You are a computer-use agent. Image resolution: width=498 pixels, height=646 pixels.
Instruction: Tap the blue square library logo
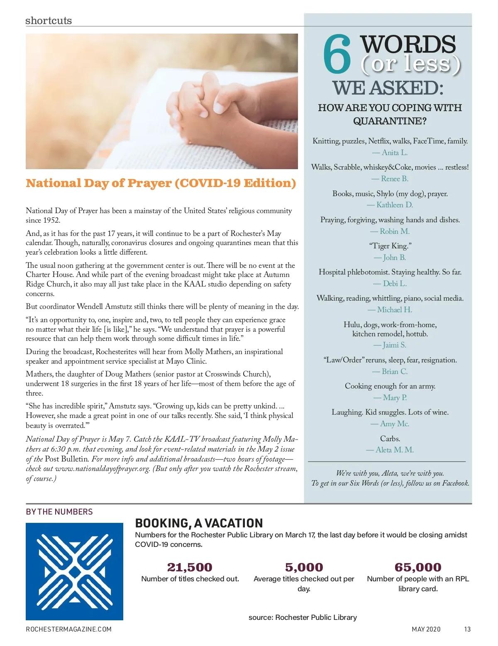point(74,571)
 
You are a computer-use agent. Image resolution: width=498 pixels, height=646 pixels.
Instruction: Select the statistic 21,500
point(190,567)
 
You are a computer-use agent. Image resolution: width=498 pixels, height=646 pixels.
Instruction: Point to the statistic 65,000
point(417,567)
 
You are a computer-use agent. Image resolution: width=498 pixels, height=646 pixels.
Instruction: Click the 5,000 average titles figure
point(304,567)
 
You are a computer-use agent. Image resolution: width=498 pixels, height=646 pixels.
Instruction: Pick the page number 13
point(467,629)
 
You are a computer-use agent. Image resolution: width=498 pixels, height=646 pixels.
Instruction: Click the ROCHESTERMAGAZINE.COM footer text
point(68,629)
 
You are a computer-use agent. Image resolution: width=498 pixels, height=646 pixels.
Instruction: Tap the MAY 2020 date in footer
point(426,629)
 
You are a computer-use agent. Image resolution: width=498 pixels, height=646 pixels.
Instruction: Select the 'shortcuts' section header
point(49,20)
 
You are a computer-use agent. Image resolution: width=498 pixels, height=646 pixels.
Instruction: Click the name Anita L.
point(390,153)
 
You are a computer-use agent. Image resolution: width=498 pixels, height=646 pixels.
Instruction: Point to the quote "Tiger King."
point(390,246)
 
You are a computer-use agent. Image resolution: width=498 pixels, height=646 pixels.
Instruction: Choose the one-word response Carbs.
point(390,438)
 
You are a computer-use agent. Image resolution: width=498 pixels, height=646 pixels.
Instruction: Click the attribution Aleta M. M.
point(390,450)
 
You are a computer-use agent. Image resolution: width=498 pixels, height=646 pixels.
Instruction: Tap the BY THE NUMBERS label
point(59,512)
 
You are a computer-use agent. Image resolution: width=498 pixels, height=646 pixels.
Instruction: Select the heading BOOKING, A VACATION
point(199,523)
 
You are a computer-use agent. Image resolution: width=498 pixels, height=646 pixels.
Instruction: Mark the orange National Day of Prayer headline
point(161,183)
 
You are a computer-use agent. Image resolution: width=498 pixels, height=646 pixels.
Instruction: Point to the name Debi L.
point(390,284)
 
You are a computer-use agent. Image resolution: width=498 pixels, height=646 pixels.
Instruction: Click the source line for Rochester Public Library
point(303,617)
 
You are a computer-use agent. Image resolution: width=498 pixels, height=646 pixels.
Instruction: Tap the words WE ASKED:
point(388,88)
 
